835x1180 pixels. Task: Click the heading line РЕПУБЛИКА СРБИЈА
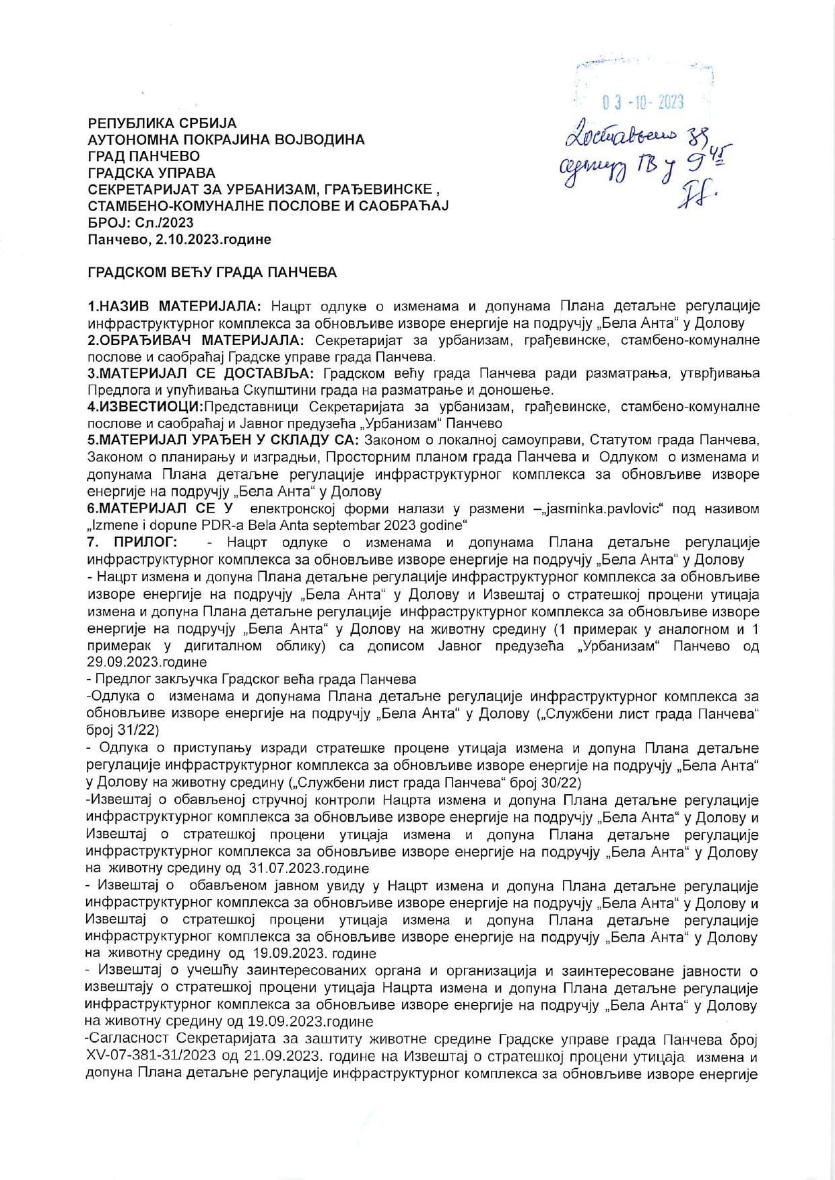(x=163, y=123)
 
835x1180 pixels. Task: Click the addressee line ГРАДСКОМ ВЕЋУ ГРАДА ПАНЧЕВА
(x=213, y=273)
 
